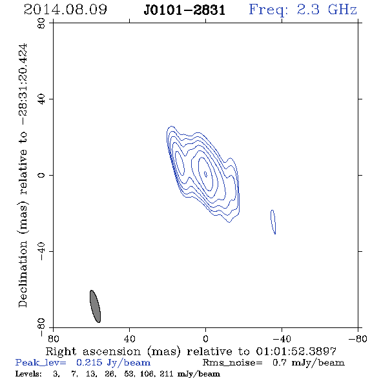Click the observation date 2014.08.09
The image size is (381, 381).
(x=65, y=10)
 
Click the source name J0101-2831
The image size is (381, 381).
(x=185, y=10)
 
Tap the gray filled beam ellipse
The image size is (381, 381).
(x=96, y=306)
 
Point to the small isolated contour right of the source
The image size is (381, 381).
(x=273, y=221)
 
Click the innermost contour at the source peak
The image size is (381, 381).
(x=205, y=174)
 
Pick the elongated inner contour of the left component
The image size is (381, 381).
(x=180, y=163)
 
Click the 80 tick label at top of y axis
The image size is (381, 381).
(x=41, y=23)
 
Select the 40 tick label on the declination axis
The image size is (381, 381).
(x=41, y=99)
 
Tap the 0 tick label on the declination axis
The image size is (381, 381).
(x=41, y=175)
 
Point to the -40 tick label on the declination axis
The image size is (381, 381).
(x=41, y=251)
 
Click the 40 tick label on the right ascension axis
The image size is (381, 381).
(x=130, y=338)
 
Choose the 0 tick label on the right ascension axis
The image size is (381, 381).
(x=205, y=338)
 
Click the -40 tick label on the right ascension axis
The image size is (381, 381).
(x=282, y=338)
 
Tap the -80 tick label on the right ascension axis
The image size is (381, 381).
(x=358, y=338)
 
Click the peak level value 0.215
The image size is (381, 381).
(x=89, y=362)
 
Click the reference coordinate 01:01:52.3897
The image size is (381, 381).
(x=296, y=351)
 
